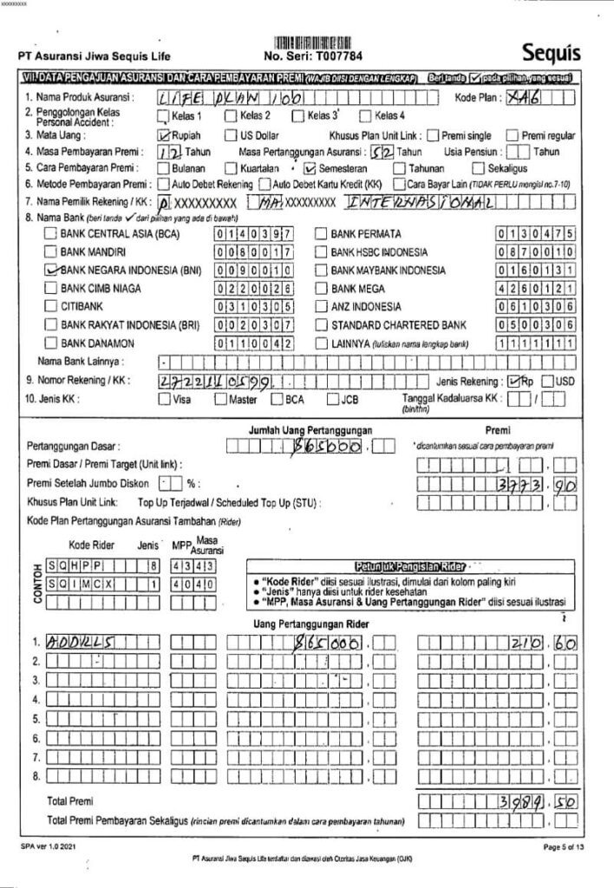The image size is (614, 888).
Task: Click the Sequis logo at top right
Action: [x=552, y=53]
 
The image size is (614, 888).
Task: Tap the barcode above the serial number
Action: [x=314, y=42]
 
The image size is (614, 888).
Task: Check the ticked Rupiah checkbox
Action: [x=163, y=135]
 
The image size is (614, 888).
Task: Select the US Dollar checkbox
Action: [x=231, y=135]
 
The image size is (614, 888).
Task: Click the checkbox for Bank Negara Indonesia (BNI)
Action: [x=50, y=270]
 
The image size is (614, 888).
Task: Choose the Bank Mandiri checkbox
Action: [x=50, y=251]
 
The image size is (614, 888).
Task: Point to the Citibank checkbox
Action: [x=50, y=306]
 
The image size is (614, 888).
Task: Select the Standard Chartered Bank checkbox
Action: [x=318, y=324]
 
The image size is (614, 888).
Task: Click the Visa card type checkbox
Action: [x=164, y=400]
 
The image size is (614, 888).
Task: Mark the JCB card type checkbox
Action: [x=333, y=400]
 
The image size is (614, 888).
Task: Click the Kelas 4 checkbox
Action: [x=365, y=115]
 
